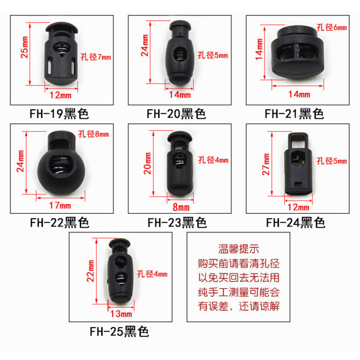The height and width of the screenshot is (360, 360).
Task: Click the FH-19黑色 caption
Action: [x=59, y=114]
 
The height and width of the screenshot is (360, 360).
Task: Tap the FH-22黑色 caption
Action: [x=59, y=222]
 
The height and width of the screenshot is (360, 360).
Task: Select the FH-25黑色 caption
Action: [x=119, y=331]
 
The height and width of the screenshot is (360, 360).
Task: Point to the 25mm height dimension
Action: [x=25, y=47]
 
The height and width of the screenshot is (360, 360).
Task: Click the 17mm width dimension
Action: [x=60, y=205]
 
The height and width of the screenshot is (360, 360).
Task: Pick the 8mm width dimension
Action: [x=181, y=207]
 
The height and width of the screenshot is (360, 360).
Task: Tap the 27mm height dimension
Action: [x=266, y=164]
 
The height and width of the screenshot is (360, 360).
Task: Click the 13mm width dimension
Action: [x=121, y=314]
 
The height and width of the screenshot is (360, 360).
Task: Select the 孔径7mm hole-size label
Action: [x=95, y=57]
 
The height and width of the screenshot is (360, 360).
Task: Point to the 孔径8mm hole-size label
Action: [x=94, y=134]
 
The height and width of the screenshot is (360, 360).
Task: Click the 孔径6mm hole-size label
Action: [x=332, y=27]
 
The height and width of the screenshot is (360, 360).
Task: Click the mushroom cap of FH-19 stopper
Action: [x=62, y=27]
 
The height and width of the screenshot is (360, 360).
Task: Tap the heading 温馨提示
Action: [x=238, y=249]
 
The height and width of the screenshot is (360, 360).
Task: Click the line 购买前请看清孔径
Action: [x=239, y=263]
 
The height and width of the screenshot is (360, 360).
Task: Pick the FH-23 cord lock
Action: [x=180, y=163]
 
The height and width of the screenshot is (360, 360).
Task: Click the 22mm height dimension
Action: [x=90, y=271]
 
